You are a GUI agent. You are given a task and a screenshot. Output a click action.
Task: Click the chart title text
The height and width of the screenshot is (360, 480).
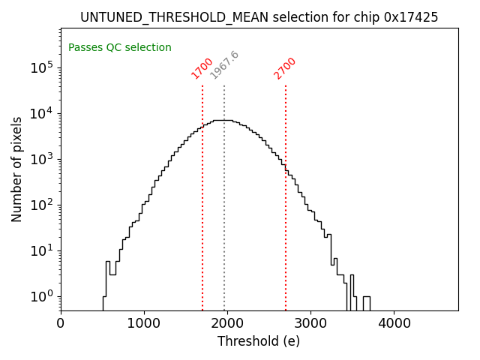[259, 17]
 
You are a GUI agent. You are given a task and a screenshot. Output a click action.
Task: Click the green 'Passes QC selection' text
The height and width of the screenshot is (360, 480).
[120, 48]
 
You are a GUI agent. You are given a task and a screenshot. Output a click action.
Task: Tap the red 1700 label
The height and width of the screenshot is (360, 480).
[202, 68]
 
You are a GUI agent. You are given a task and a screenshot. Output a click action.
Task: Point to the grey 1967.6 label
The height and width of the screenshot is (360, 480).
[224, 65]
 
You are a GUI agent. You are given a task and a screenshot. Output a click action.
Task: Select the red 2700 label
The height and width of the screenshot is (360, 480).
[285, 68]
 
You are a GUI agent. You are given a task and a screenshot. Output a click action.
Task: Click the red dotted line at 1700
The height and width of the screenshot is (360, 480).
[202, 210]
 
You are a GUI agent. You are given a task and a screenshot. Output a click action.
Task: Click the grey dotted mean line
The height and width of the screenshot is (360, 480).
[224, 225]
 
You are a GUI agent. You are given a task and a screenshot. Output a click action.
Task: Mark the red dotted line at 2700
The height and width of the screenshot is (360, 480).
[286, 225]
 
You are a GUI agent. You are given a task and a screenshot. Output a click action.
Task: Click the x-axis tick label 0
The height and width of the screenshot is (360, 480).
[61, 324]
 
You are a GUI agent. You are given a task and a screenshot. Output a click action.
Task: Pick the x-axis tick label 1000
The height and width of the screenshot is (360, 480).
[144, 324]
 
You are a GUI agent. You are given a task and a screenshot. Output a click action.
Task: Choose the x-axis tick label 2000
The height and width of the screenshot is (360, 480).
[227, 324]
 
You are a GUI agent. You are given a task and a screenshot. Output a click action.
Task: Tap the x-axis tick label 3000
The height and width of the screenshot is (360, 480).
[310, 324]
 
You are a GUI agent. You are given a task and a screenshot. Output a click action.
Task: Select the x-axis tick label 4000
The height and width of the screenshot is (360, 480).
[394, 324]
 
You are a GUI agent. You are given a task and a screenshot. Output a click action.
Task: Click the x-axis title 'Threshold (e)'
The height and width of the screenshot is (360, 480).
[259, 341]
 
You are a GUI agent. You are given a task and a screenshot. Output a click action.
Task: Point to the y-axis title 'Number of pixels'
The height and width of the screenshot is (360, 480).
[17, 169]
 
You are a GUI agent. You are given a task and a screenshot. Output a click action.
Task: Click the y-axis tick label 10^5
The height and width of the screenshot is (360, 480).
[40, 67]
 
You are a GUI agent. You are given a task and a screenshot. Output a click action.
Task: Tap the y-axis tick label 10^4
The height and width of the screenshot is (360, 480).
[40, 113]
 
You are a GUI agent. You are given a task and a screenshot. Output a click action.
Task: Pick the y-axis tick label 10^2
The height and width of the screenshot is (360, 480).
[40, 205]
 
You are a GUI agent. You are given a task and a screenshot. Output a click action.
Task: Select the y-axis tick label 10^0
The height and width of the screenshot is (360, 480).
[40, 296]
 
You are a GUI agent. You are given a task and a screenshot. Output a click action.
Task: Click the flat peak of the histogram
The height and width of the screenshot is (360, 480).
[223, 120]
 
